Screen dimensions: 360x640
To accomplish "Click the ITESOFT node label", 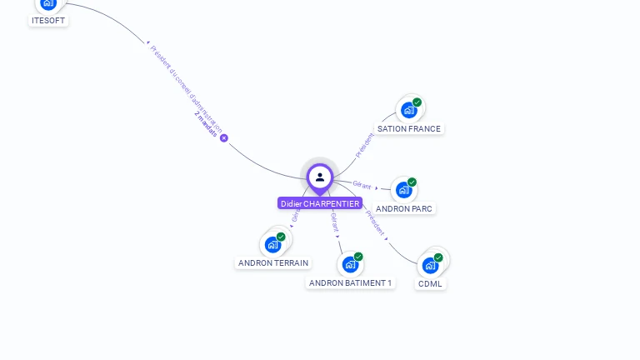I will click(48, 21).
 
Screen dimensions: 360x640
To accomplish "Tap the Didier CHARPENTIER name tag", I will click(320, 203).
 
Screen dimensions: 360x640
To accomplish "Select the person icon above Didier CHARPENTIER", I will click(320, 177).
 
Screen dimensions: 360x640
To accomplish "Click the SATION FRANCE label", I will click(408, 129).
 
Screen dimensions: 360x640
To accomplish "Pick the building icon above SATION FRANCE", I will click(408, 110).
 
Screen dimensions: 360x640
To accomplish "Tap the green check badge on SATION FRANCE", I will click(417, 102).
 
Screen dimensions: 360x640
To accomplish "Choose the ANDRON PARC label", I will click(405, 209).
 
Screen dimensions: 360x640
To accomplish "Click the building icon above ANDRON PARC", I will click(403, 190).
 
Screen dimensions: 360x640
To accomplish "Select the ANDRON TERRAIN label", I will click(273, 263).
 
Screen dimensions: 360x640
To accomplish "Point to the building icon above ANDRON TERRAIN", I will click(272, 245).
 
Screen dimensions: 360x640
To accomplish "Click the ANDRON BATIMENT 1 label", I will click(350, 283).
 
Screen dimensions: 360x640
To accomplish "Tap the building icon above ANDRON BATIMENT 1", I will click(350, 264).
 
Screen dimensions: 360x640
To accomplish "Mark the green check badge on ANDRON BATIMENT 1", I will click(358, 257).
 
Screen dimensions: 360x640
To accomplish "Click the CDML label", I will click(430, 284).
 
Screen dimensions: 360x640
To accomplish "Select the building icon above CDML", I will click(430, 265).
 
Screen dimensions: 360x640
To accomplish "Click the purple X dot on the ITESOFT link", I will click(223, 138).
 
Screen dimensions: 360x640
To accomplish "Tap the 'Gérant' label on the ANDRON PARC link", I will click(362, 185).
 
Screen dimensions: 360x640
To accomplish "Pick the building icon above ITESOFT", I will click(48, 4).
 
